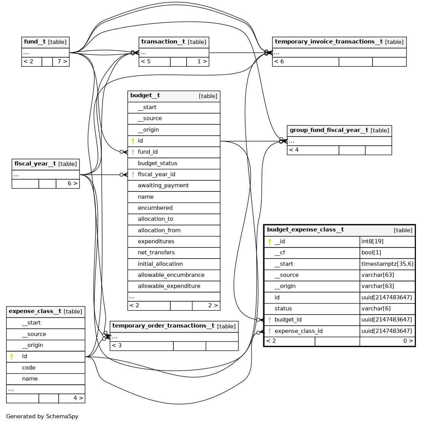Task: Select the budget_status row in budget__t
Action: click(x=157, y=163)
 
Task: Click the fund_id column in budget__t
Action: click(x=148, y=152)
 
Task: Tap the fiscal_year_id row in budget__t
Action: click(x=156, y=174)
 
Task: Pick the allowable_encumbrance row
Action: click(x=171, y=275)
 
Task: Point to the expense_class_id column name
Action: click(x=298, y=331)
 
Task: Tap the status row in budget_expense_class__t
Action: click(x=283, y=308)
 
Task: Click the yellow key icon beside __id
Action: click(x=270, y=241)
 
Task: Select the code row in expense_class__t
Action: click(x=29, y=368)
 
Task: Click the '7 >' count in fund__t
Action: click(x=62, y=61)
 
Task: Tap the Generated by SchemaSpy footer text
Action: click(x=42, y=416)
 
